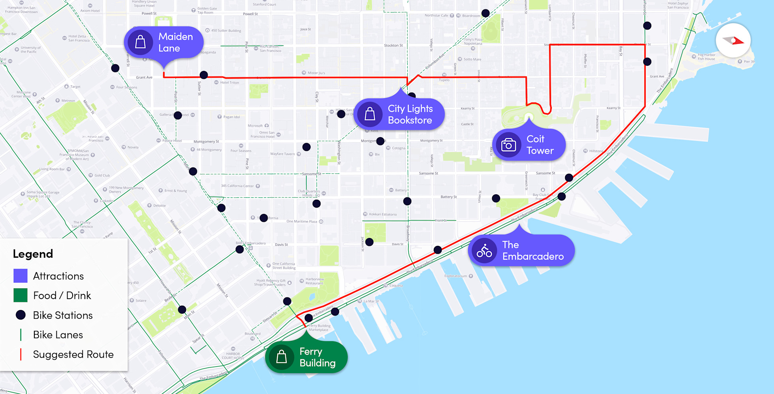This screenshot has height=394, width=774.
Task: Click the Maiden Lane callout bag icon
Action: (141, 42)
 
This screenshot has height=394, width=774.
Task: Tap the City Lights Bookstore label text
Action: (410, 114)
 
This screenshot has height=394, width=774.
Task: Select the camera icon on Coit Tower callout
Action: (508, 145)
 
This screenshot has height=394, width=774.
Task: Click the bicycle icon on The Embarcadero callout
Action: (484, 251)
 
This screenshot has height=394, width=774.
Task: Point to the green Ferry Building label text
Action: (317, 357)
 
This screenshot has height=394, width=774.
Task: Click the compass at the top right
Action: (733, 40)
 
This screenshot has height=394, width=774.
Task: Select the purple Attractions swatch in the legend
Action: (21, 276)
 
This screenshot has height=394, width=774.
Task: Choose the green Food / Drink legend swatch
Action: (21, 295)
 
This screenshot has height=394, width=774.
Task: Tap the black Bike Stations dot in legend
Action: (21, 315)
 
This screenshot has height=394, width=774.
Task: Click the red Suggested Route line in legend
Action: (21, 354)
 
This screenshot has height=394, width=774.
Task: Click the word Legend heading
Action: (33, 254)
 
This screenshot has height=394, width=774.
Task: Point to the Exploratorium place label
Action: (455, 276)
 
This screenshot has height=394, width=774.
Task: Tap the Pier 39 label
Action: (749, 61)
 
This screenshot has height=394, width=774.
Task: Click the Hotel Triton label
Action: (229, 83)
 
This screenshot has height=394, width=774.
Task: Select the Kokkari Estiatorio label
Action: (383, 214)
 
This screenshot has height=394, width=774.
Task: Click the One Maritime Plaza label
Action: (302, 221)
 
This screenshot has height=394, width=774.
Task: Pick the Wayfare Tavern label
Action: (282, 154)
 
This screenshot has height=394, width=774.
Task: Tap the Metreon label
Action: (68, 100)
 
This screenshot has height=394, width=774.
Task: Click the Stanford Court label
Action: (264, 4)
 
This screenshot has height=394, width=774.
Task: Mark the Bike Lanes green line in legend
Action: (21, 335)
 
